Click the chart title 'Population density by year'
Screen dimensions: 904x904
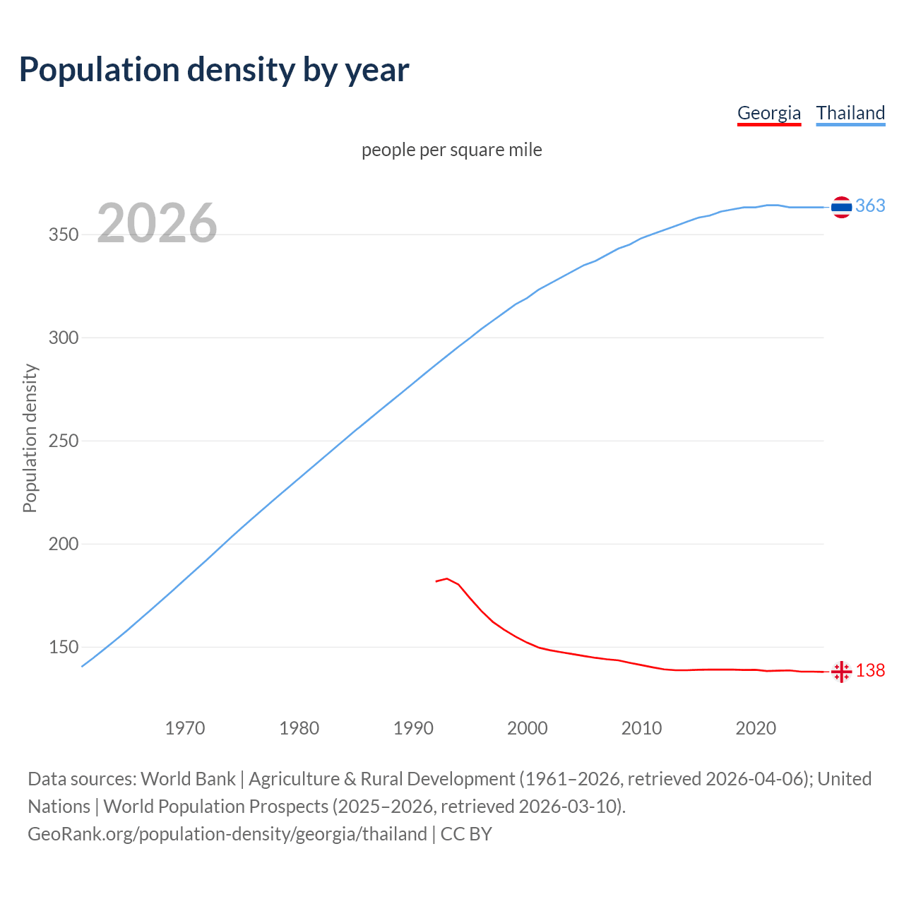[x=214, y=70]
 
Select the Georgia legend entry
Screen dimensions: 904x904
[x=768, y=113]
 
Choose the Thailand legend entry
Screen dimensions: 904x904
[x=850, y=113]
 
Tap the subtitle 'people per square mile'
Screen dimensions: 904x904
[x=451, y=150]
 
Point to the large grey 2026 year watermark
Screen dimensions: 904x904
[x=157, y=224]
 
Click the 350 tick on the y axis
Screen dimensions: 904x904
[x=63, y=235]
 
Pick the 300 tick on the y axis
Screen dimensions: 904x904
[x=63, y=338]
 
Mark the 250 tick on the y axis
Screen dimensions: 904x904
[x=63, y=441]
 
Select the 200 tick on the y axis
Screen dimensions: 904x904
[x=63, y=545]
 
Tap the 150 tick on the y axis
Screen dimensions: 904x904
[x=63, y=648]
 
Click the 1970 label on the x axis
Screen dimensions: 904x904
[x=185, y=728]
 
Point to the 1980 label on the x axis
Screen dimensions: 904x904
[x=299, y=728]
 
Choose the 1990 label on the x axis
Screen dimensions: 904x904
[x=413, y=728]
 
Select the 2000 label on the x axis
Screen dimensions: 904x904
[x=528, y=728]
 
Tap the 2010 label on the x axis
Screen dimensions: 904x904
[x=641, y=728]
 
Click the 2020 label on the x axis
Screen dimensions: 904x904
[x=756, y=728]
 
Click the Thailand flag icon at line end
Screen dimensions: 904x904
[x=841, y=207]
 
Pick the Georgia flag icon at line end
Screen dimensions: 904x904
[x=841, y=672]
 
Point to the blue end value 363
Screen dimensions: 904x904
[x=870, y=206]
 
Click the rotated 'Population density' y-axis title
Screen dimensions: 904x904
[x=30, y=438]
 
